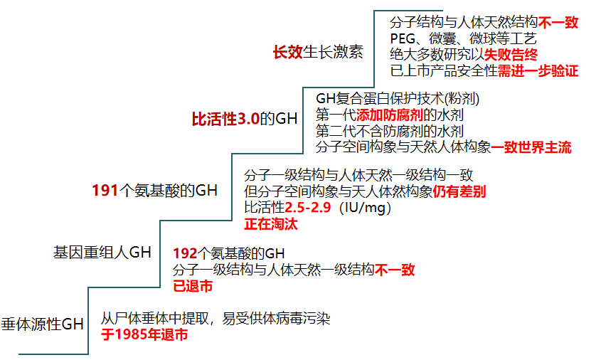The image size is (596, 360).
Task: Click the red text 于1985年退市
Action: point(144,334)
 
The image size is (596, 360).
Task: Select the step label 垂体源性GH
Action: point(42,324)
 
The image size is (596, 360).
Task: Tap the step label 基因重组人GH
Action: point(102,253)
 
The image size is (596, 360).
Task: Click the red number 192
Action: point(185,253)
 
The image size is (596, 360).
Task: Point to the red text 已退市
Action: point(193,286)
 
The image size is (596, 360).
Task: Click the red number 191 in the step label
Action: point(105,191)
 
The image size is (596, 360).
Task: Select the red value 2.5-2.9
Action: point(308,208)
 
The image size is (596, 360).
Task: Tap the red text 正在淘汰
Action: point(271,224)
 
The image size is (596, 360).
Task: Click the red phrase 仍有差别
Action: point(459,191)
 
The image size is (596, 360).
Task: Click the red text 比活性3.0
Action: point(225,119)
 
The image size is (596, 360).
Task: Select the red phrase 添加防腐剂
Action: point(390,115)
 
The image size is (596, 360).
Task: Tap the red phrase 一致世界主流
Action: point(531,147)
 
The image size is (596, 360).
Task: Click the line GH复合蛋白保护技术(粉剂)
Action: point(398,99)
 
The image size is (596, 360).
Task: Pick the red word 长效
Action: point(288,52)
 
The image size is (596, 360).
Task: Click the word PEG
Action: point(403,38)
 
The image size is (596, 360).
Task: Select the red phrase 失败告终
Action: point(511,55)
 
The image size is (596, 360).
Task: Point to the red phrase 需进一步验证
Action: point(538,70)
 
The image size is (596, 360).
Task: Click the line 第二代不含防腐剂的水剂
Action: point(390,131)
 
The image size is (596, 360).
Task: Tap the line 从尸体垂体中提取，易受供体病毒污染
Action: point(215,319)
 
